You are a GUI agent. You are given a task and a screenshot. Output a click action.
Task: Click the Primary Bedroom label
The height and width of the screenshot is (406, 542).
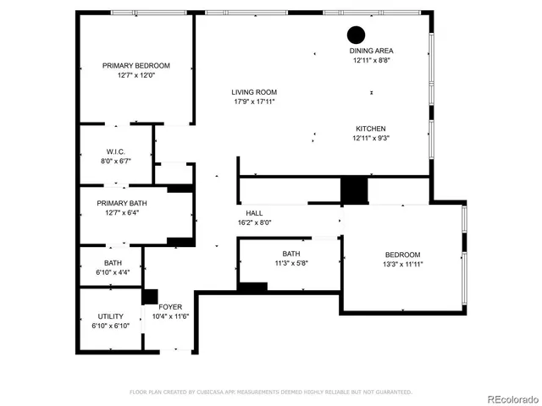tap(136, 66)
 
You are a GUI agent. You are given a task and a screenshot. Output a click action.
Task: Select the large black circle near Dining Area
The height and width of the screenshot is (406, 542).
tap(356, 35)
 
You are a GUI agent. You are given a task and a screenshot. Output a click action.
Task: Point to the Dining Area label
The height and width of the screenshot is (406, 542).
tap(372, 51)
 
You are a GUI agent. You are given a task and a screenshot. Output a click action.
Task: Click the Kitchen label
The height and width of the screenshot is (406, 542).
tap(371, 129)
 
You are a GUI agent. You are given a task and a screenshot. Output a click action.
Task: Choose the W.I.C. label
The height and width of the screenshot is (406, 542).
tap(116, 151)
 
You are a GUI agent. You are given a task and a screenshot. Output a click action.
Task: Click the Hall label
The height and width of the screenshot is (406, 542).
tap(254, 213)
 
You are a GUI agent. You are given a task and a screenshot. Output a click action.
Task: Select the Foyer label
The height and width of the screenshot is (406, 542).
tap(169, 307)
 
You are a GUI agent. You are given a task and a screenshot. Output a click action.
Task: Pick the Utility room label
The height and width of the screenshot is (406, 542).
tap(110, 316)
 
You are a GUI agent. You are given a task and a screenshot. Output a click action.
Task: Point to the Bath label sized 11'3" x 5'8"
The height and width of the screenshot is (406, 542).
tap(290, 254)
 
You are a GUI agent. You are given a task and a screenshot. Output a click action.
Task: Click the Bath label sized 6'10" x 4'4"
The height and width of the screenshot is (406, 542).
tap(113, 263)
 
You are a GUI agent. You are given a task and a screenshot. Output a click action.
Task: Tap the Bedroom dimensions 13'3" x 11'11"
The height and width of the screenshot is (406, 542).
tap(403, 264)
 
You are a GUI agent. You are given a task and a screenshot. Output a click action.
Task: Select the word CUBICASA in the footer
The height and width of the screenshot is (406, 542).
tap(217, 392)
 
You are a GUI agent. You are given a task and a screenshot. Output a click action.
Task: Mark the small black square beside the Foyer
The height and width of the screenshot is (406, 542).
tap(150, 297)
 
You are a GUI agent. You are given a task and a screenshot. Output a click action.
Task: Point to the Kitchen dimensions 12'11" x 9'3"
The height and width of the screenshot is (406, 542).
tap(371, 138)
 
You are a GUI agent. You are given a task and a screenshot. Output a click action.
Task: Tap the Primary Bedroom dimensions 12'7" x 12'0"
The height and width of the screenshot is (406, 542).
tap(136, 75)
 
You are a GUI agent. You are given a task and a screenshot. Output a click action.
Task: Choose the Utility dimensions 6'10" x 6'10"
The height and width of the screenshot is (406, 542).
tap(110, 326)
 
